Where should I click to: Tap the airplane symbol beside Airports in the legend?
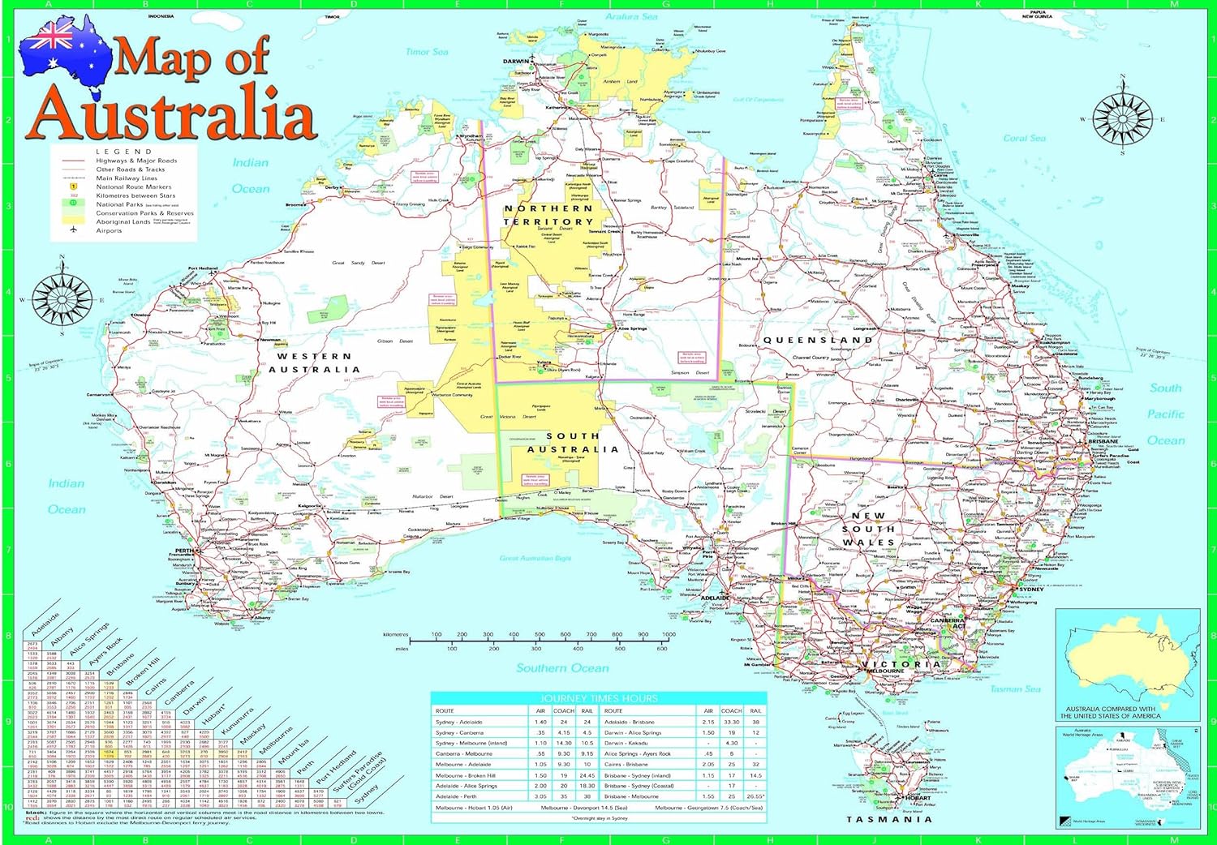click(74, 230)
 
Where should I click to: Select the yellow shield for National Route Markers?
click(74, 187)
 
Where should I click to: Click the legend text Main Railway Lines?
click(127, 178)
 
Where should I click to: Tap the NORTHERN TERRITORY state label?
click(549, 215)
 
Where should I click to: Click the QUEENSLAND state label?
click(818, 340)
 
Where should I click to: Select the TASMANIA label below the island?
click(889, 819)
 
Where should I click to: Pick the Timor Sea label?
click(427, 52)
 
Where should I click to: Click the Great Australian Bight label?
click(535, 558)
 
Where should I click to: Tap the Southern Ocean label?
click(562, 668)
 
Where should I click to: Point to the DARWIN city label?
click(515, 62)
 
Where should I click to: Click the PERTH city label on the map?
click(184, 551)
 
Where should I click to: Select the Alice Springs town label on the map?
click(632, 328)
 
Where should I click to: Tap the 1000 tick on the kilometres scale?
click(669, 635)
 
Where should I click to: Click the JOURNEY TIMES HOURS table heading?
click(599, 698)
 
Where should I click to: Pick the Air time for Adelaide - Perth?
click(540, 796)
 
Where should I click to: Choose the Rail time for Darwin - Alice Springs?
click(755, 732)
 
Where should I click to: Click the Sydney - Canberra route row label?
click(459, 732)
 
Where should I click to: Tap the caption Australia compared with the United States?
click(1110, 712)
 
